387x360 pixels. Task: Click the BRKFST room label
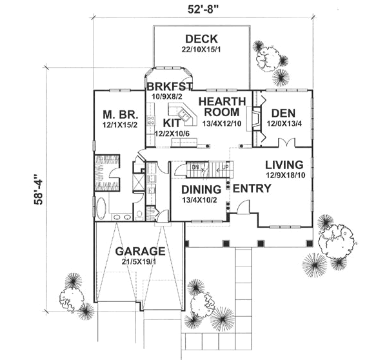170,86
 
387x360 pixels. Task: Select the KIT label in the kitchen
172,122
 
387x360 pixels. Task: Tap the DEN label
284,112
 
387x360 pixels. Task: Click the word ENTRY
252,189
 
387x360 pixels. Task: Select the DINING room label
201,189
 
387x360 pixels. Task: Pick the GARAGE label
140,251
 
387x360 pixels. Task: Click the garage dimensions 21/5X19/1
140,262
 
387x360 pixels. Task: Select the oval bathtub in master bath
102,208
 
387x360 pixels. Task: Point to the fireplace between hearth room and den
256,119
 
